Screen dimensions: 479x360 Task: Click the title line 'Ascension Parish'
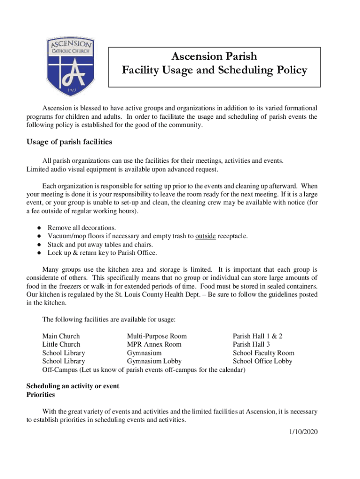214,57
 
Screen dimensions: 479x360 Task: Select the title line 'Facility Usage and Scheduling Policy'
214,71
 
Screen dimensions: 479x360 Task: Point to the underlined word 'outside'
205,236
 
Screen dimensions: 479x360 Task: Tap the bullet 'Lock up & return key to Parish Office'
102,253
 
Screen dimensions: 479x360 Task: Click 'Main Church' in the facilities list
61,336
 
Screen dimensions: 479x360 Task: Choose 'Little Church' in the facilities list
61,345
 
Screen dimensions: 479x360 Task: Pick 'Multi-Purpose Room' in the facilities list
157,336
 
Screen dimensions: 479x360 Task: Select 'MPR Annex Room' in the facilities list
154,345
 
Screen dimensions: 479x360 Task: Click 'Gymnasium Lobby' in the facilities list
154,362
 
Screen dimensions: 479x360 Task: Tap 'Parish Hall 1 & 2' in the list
258,336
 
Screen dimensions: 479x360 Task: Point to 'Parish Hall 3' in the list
251,345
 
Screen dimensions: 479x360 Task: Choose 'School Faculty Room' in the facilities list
264,353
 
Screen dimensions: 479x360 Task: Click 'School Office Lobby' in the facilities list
262,362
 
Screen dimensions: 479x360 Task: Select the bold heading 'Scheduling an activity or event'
72,386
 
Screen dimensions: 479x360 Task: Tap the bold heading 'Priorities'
41,395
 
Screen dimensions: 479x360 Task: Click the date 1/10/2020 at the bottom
303,432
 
